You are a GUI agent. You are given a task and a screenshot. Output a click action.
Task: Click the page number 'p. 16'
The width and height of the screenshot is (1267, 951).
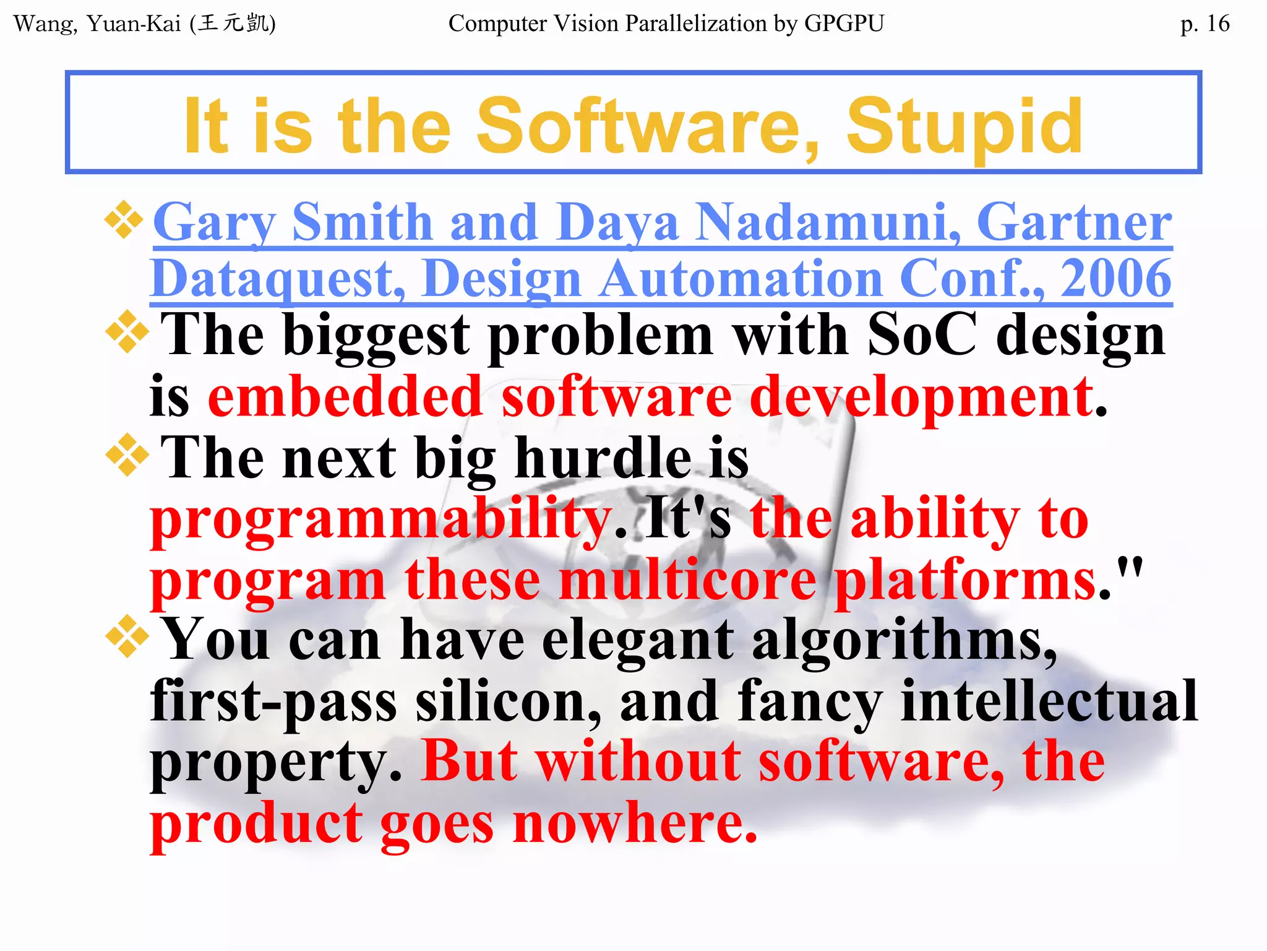(1204, 24)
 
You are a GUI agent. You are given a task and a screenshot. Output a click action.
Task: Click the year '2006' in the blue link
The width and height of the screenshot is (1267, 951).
(1116, 279)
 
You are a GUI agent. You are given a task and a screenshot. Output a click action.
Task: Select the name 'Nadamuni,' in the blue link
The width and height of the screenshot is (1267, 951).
(828, 222)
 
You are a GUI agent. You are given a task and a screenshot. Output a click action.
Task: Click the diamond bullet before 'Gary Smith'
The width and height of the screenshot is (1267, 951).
(124, 220)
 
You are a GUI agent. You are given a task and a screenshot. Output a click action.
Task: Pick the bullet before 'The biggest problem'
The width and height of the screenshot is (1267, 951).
(127, 332)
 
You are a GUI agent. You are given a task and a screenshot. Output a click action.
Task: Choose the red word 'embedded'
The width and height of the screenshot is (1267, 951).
(345, 396)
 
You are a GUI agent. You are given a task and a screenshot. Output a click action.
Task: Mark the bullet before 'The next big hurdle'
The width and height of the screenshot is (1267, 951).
(127, 455)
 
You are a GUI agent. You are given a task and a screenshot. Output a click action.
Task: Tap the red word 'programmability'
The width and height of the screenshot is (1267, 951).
(381, 520)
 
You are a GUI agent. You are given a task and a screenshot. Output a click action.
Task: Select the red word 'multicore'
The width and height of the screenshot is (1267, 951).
(687, 580)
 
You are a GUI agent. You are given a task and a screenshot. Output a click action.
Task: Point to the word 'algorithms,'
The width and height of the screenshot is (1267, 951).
(904, 641)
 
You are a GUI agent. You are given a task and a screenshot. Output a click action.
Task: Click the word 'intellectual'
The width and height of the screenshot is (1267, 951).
(1049, 701)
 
